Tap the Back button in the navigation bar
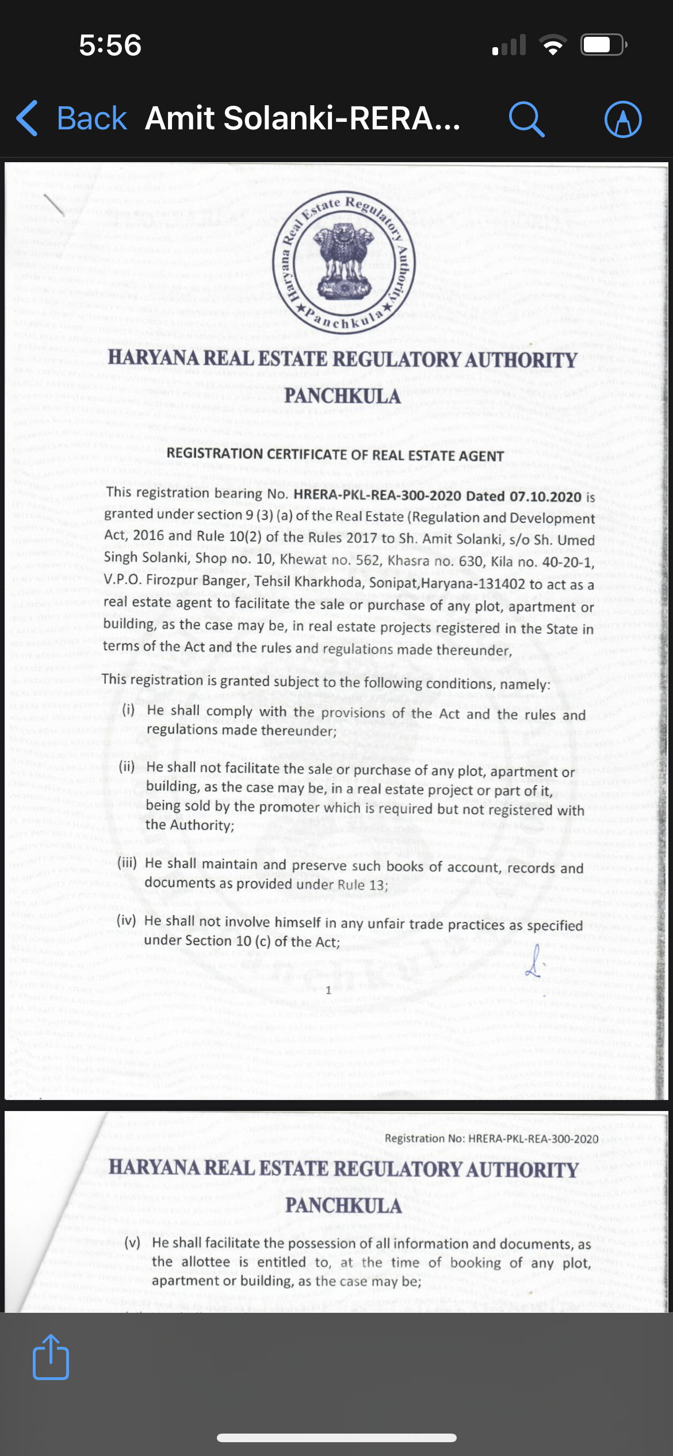[72, 118]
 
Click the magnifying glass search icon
[526, 119]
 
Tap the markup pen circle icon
[623, 119]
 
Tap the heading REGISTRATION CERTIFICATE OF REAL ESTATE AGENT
[335, 455]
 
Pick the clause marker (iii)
[127, 863]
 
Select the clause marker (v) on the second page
[132, 1242]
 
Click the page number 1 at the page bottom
[328, 990]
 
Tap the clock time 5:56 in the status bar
[110, 45]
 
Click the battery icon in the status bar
[603, 45]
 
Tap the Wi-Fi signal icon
[552, 45]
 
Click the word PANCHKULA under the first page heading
[342, 396]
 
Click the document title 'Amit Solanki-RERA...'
[303, 118]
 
